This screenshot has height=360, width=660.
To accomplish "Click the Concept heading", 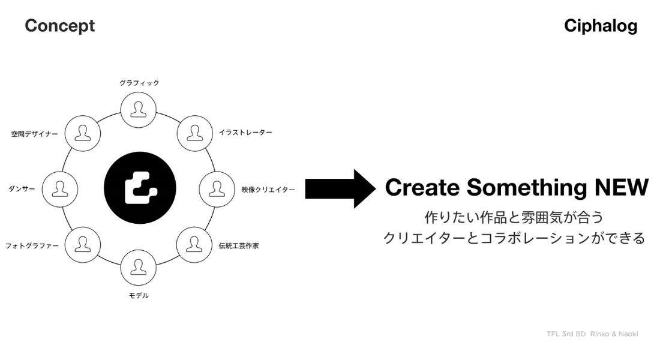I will click(59, 26).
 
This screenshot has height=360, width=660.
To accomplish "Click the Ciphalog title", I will click(601, 26).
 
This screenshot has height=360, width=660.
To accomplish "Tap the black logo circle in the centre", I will click(140, 188).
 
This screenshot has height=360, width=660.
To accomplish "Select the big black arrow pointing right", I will click(340, 188).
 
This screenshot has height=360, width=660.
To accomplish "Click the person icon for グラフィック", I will click(139, 109).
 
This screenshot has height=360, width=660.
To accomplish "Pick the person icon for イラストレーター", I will click(194, 131).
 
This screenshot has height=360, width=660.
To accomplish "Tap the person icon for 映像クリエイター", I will click(217, 188).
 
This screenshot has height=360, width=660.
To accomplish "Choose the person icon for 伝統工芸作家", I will click(194, 245).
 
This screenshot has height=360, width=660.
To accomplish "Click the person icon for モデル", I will click(139, 267).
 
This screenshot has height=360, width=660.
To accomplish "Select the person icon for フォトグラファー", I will click(82, 245).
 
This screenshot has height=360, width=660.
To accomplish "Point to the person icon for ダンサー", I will click(60, 188).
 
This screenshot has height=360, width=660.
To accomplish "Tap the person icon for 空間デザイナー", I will click(82, 131).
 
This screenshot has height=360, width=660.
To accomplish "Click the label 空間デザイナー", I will click(35, 134).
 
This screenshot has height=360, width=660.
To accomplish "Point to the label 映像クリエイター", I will click(268, 190).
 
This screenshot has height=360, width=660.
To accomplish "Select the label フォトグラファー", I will click(32, 246).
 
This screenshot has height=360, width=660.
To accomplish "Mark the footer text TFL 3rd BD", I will click(566, 334).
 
